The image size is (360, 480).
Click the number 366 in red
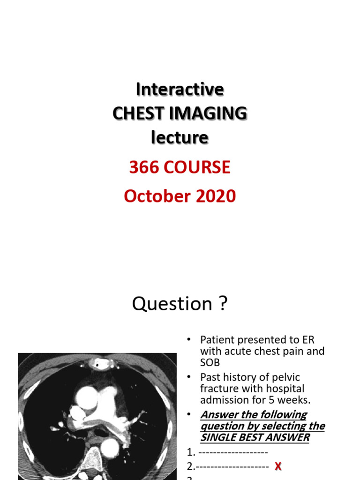point(144,167)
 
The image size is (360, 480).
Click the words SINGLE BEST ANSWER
point(255,437)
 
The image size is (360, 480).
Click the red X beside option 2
point(278,466)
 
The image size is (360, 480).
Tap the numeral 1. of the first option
point(190,452)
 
